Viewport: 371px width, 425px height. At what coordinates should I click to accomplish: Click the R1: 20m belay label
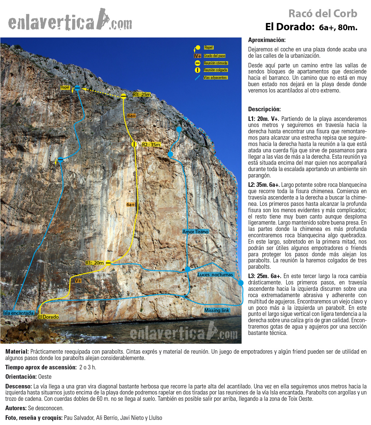click(94, 263)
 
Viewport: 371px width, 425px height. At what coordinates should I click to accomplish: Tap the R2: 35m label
click(151, 145)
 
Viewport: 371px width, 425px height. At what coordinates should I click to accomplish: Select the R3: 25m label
click(142, 95)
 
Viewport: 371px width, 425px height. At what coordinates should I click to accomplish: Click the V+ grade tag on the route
click(78, 281)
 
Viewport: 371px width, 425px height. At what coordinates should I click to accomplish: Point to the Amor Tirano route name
click(195, 232)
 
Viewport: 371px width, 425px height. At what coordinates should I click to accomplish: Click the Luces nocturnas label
click(215, 274)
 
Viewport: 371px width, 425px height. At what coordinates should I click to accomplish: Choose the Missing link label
click(216, 310)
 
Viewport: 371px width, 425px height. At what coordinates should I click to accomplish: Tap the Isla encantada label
click(18, 313)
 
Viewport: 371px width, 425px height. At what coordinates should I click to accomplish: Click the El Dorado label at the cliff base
click(48, 317)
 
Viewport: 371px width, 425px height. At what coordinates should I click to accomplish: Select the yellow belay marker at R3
click(123, 96)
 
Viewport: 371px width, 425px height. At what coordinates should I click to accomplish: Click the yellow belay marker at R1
click(108, 263)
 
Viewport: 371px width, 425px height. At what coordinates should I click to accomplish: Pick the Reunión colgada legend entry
click(215, 70)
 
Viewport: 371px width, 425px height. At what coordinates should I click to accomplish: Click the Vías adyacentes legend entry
click(215, 78)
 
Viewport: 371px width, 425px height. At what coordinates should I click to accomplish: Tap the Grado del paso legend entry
click(214, 56)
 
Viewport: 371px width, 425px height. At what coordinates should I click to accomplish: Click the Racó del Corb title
click(323, 14)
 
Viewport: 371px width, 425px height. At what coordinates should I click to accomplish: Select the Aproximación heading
click(267, 40)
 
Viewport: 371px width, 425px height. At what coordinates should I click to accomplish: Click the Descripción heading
click(264, 109)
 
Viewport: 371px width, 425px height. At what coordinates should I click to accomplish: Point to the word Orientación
click(21, 377)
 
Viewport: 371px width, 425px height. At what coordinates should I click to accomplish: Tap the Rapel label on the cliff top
click(65, 87)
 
